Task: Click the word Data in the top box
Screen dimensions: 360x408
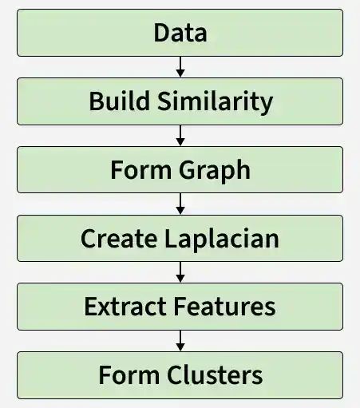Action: pos(180,33)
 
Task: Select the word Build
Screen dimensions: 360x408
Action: pos(120,101)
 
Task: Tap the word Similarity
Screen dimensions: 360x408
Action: pos(216,102)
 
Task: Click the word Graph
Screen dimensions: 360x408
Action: pos(215,171)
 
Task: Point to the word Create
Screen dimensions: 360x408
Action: pos(119,239)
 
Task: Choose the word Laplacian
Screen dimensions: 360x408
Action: pos(222,240)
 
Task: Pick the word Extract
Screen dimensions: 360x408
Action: pos(125,307)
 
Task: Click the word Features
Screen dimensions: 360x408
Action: pos(225,307)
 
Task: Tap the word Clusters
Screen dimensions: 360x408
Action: pos(215,374)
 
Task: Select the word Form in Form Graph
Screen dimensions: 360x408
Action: pos(141,170)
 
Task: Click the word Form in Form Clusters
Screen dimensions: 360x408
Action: pos(129,374)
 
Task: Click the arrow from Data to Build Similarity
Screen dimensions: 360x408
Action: pos(180,67)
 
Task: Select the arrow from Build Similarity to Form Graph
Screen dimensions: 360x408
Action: pos(180,136)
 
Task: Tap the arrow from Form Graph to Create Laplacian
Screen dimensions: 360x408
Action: pos(180,204)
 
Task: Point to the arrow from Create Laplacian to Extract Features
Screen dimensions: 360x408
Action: pos(180,272)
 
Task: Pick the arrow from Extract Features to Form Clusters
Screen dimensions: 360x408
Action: pos(180,341)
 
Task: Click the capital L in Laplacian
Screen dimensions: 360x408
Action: pos(171,239)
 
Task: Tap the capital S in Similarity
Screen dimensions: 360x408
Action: pos(164,101)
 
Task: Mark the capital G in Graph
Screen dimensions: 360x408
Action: pos(188,170)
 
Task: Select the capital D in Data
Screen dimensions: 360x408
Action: pos(163,33)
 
